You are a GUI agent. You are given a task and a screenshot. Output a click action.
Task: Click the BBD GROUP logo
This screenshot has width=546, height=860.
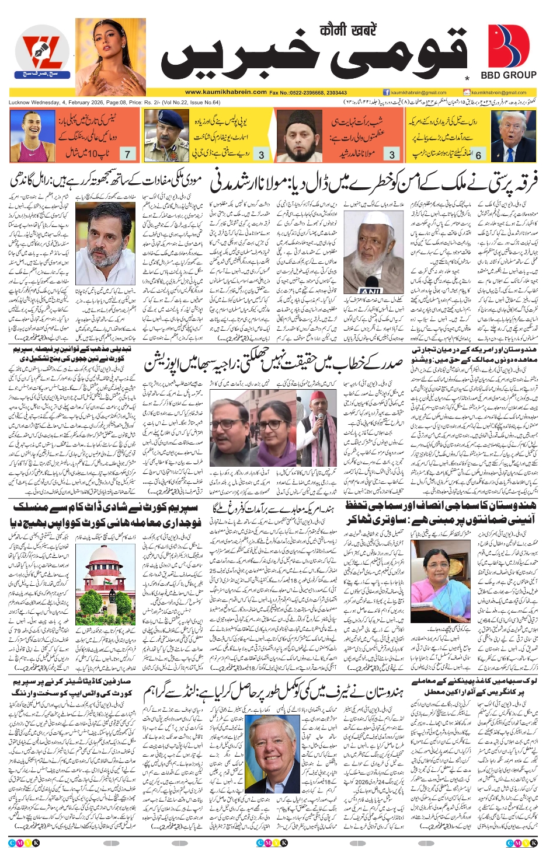click(x=508, y=52)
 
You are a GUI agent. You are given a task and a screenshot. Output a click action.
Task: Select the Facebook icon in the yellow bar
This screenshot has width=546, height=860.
click(x=387, y=92)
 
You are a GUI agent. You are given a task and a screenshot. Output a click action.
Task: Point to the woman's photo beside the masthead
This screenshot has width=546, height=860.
click(x=110, y=57)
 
